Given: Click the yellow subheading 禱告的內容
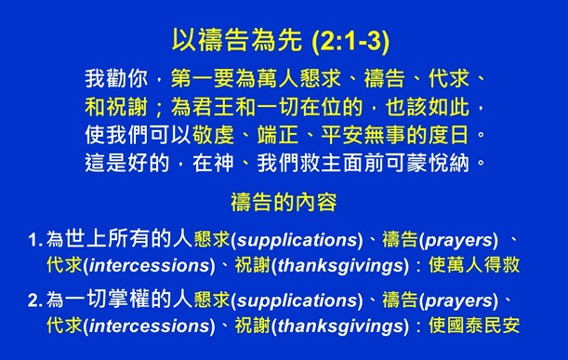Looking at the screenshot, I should coord(284,202).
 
